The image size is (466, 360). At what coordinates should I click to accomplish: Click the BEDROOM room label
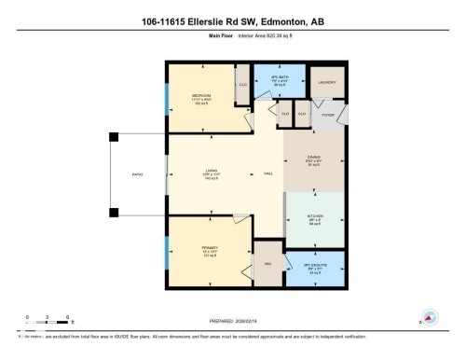click(200, 95)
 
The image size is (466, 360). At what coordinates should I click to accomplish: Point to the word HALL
click(267, 174)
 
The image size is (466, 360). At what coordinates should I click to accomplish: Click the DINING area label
click(315, 158)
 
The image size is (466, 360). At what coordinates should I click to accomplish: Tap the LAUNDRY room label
click(327, 82)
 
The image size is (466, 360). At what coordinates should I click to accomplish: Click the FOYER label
click(327, 115)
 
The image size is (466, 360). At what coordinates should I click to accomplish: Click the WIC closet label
click(267, 264)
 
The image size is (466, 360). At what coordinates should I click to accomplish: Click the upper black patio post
click(113, 136)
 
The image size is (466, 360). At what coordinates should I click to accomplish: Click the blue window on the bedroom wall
click(167, 98)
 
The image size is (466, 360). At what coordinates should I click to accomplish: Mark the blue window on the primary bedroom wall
click(167, 250)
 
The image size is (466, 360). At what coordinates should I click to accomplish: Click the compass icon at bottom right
click(430, 317)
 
